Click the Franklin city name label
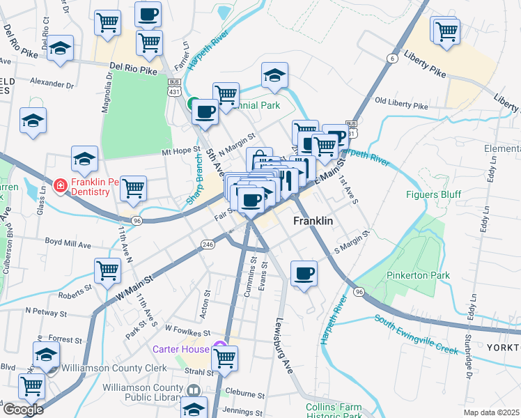[x=313, y=221]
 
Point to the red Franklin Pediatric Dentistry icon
[x=61, y=186]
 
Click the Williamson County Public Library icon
[x=193, y=392]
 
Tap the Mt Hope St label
[x=180, y=150]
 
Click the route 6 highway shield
[x=393, y=59]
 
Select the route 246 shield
[x=208, y=245]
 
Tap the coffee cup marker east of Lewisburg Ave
[x=304, y=273]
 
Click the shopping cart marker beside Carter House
[x=224, y=358]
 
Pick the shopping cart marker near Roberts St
[x=108, y=270]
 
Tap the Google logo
[x=22, y=410]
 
